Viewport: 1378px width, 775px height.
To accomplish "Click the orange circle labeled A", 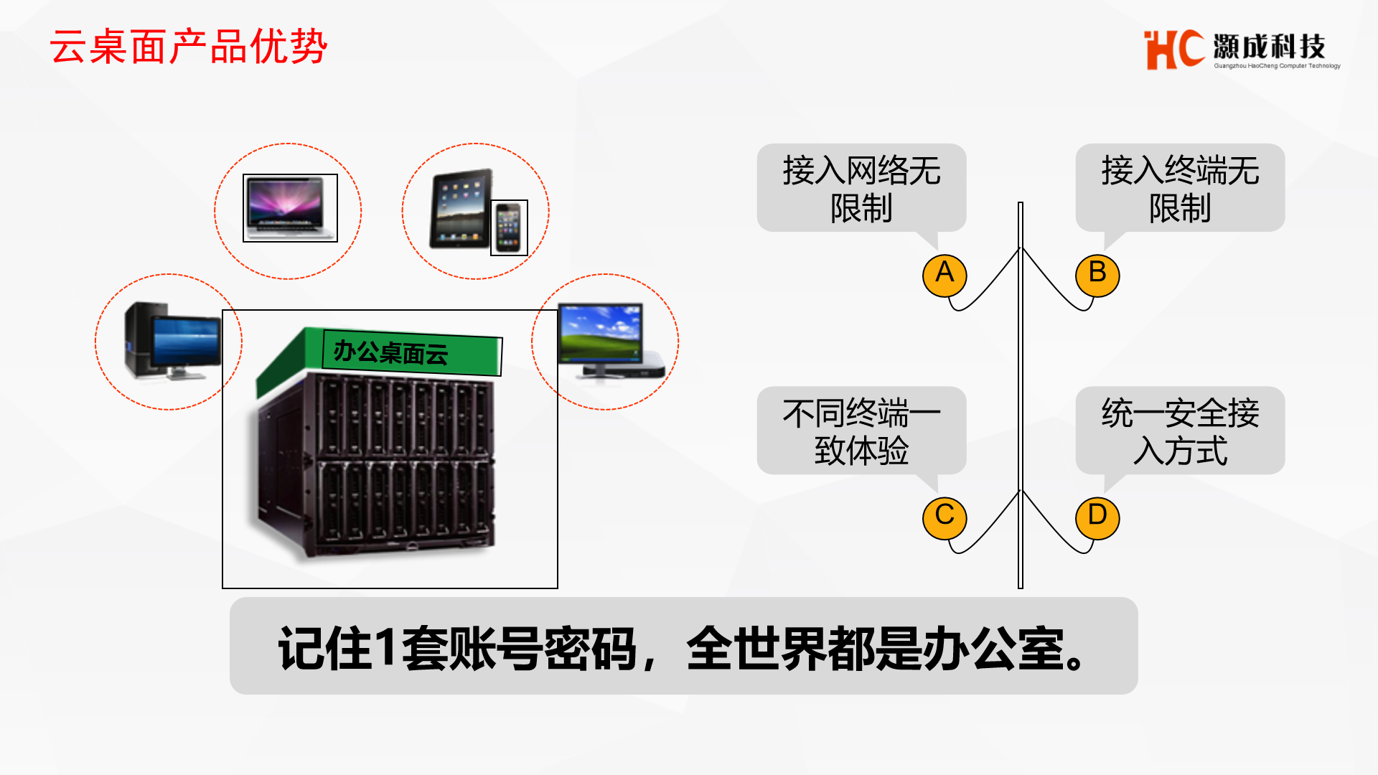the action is [945, 275].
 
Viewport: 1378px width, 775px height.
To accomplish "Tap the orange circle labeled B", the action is [1097, 275].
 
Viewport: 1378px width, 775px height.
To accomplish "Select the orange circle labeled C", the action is [945, 517].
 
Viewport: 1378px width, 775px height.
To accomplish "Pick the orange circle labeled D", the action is [1097, 517].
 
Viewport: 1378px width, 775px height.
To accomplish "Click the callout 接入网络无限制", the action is [861, 188].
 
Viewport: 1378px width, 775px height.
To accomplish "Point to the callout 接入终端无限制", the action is [1180, 188].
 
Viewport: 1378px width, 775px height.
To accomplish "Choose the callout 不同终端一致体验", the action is [861, 431].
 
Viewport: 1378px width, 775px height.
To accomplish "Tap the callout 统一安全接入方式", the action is [1180, 431].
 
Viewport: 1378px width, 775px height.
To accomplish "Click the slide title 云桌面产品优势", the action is [188, 47].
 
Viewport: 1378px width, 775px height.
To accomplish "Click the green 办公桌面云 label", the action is [411, 352].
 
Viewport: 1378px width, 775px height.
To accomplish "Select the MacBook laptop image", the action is [290, 208].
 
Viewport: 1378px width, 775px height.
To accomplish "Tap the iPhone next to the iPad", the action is [509, 227].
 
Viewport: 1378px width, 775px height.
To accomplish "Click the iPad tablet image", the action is [461, 209].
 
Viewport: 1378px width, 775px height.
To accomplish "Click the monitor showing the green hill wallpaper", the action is [601, 332].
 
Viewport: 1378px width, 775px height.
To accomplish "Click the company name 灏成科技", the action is [1269, 47].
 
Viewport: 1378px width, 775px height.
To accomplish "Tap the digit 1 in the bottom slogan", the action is [385, 647].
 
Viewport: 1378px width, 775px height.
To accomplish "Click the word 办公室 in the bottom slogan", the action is [993, 648].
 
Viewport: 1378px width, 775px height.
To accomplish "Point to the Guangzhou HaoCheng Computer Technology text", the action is [1277, 66].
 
